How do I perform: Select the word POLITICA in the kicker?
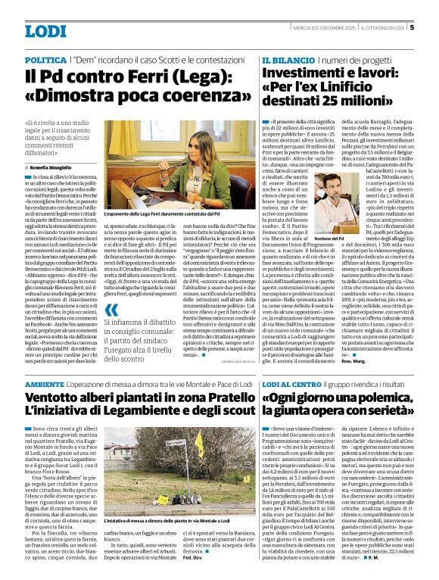tap(45, 59)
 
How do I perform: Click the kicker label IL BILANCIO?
tap(282, 59)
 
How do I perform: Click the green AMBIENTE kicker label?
tap(49, 384)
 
